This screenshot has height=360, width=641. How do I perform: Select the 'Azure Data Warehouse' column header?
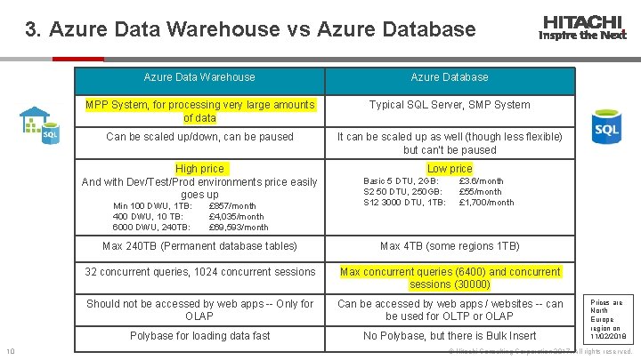point(199,77)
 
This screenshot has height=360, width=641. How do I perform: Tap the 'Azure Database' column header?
point(450,77)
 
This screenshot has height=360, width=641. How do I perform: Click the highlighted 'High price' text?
point(200,169)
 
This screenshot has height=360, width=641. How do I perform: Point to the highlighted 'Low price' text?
point(450,169)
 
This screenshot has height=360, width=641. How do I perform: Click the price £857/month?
point(231,206)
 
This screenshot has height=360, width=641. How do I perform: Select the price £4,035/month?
point(236,216)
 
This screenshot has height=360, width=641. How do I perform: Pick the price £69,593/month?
point(238,227)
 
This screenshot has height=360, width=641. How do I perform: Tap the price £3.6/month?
point(481,181)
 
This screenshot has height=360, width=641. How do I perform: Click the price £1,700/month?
point(486,202)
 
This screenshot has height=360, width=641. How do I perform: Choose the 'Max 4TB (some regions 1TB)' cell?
point(450,245)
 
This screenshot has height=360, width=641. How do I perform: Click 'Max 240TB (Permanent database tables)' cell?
point(199,245)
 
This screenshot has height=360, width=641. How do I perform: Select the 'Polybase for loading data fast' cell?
point(199,336)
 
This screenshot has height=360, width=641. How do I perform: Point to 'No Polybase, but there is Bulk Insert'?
point(450,336)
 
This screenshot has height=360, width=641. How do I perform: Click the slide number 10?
point(8,349)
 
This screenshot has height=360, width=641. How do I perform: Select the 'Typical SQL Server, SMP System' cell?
point(450,105)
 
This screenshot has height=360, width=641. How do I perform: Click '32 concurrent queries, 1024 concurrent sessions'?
point(199,272)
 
